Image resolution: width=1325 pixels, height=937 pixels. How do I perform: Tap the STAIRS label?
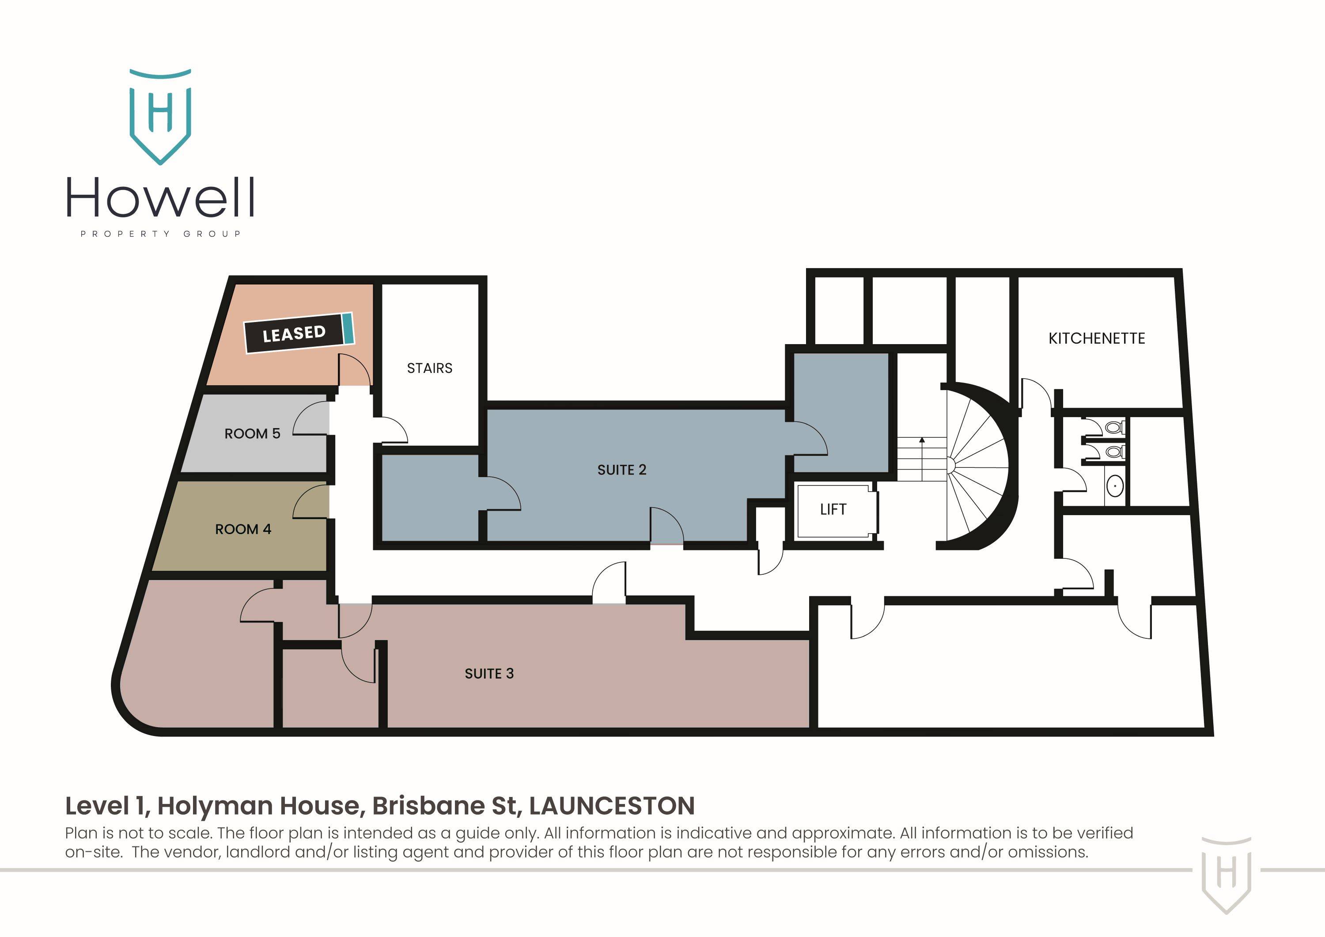point(429,368)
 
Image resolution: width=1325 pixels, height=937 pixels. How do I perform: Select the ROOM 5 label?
point(252,433)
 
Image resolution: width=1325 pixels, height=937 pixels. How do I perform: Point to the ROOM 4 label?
point(243,529)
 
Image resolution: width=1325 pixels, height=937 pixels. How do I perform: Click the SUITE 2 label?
point(621,470)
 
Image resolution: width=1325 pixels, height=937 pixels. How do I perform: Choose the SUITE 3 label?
point(489,674)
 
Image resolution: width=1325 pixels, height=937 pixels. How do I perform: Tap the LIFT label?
point(833,509)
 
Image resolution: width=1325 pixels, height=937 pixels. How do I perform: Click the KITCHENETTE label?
point(1097,338)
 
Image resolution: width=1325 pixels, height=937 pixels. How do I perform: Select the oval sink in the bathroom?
point(1115,486)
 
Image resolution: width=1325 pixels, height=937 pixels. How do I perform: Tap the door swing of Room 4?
point(312,502)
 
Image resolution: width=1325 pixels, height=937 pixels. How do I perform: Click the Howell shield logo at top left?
point(160,115)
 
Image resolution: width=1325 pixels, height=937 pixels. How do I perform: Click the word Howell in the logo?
point(160,198)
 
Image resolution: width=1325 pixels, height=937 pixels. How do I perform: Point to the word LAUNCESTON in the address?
point(612,806)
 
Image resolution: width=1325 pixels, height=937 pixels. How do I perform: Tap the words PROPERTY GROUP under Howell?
point(160,234)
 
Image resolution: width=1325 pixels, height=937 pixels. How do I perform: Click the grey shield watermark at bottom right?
point(1227,873)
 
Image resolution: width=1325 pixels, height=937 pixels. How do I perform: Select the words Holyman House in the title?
point(261,806)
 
